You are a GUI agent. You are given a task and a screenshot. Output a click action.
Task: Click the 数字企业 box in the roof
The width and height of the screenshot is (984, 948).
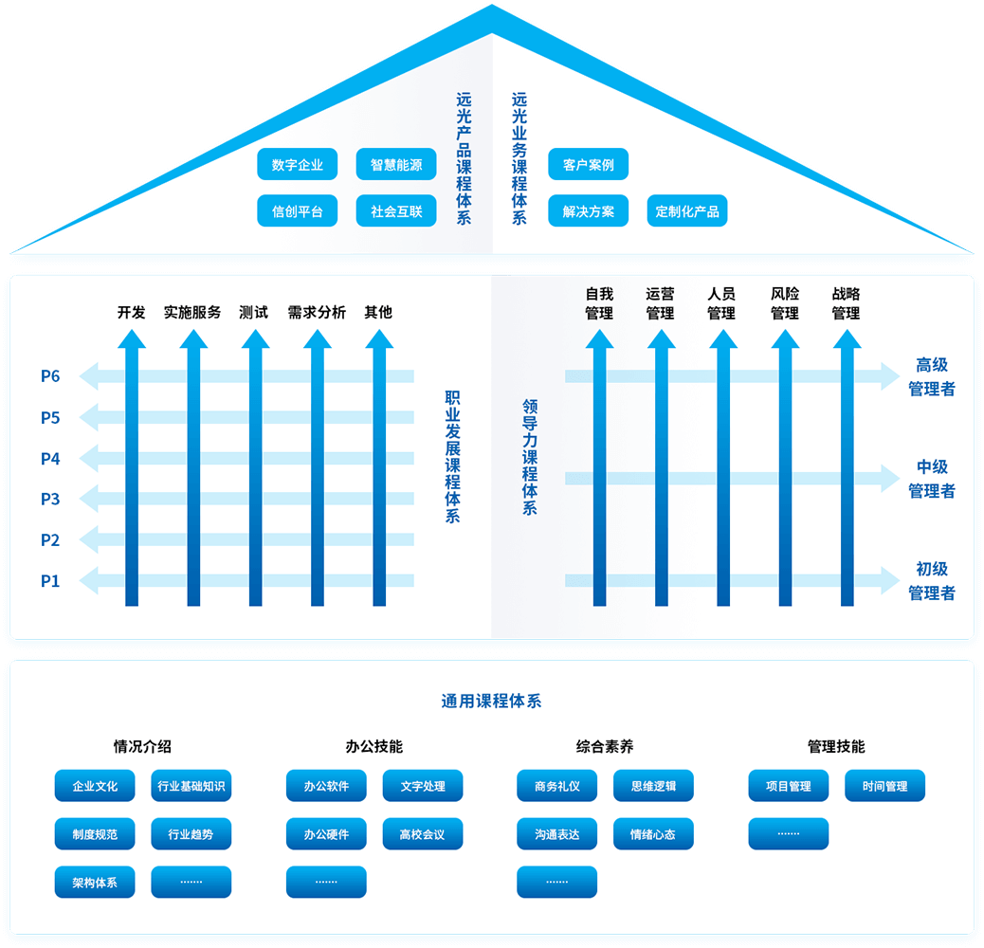coord(297,165)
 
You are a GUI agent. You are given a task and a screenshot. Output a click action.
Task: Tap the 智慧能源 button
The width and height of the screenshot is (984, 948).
coord(396,165)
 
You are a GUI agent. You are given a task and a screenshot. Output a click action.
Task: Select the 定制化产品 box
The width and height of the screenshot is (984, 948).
coord(687,211)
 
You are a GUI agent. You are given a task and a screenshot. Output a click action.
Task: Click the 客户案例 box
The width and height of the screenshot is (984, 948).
coord(588,165)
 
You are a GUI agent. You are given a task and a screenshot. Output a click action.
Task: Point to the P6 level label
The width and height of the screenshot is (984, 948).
coord(50,376)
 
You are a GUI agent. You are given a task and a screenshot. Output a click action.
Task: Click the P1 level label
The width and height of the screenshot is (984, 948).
coord(50,581)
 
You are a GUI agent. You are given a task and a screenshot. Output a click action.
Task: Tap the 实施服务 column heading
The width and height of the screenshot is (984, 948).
coord(192,312)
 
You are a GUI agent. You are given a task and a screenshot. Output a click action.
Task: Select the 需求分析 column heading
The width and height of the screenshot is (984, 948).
coord(317,312)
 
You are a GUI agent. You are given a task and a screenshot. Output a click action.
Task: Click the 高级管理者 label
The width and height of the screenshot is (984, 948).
coord(931,376)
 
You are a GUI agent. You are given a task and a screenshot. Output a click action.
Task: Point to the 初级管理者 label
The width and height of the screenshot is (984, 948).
coord(931,581)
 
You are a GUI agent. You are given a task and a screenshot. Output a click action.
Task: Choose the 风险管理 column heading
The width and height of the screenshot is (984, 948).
coord(784,303)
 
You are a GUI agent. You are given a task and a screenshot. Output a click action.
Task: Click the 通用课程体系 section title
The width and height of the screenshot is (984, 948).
coord(491,702)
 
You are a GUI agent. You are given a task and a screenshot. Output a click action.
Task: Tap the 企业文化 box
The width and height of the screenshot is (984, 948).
coord(95,786)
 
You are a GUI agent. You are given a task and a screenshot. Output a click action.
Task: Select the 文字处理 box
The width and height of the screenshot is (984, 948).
coord(423,786)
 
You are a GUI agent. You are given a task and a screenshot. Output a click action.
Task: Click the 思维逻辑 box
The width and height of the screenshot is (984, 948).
coord(653,786)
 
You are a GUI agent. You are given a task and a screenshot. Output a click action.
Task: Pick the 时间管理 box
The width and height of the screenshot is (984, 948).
coord(884,786)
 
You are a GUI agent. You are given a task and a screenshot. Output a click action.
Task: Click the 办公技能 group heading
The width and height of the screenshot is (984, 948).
coord(374,746)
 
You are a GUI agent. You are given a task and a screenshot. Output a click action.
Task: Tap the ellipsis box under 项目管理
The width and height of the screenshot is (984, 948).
coord(788,833)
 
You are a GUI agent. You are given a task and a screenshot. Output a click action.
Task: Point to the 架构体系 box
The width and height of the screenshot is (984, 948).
coord(95,882)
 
